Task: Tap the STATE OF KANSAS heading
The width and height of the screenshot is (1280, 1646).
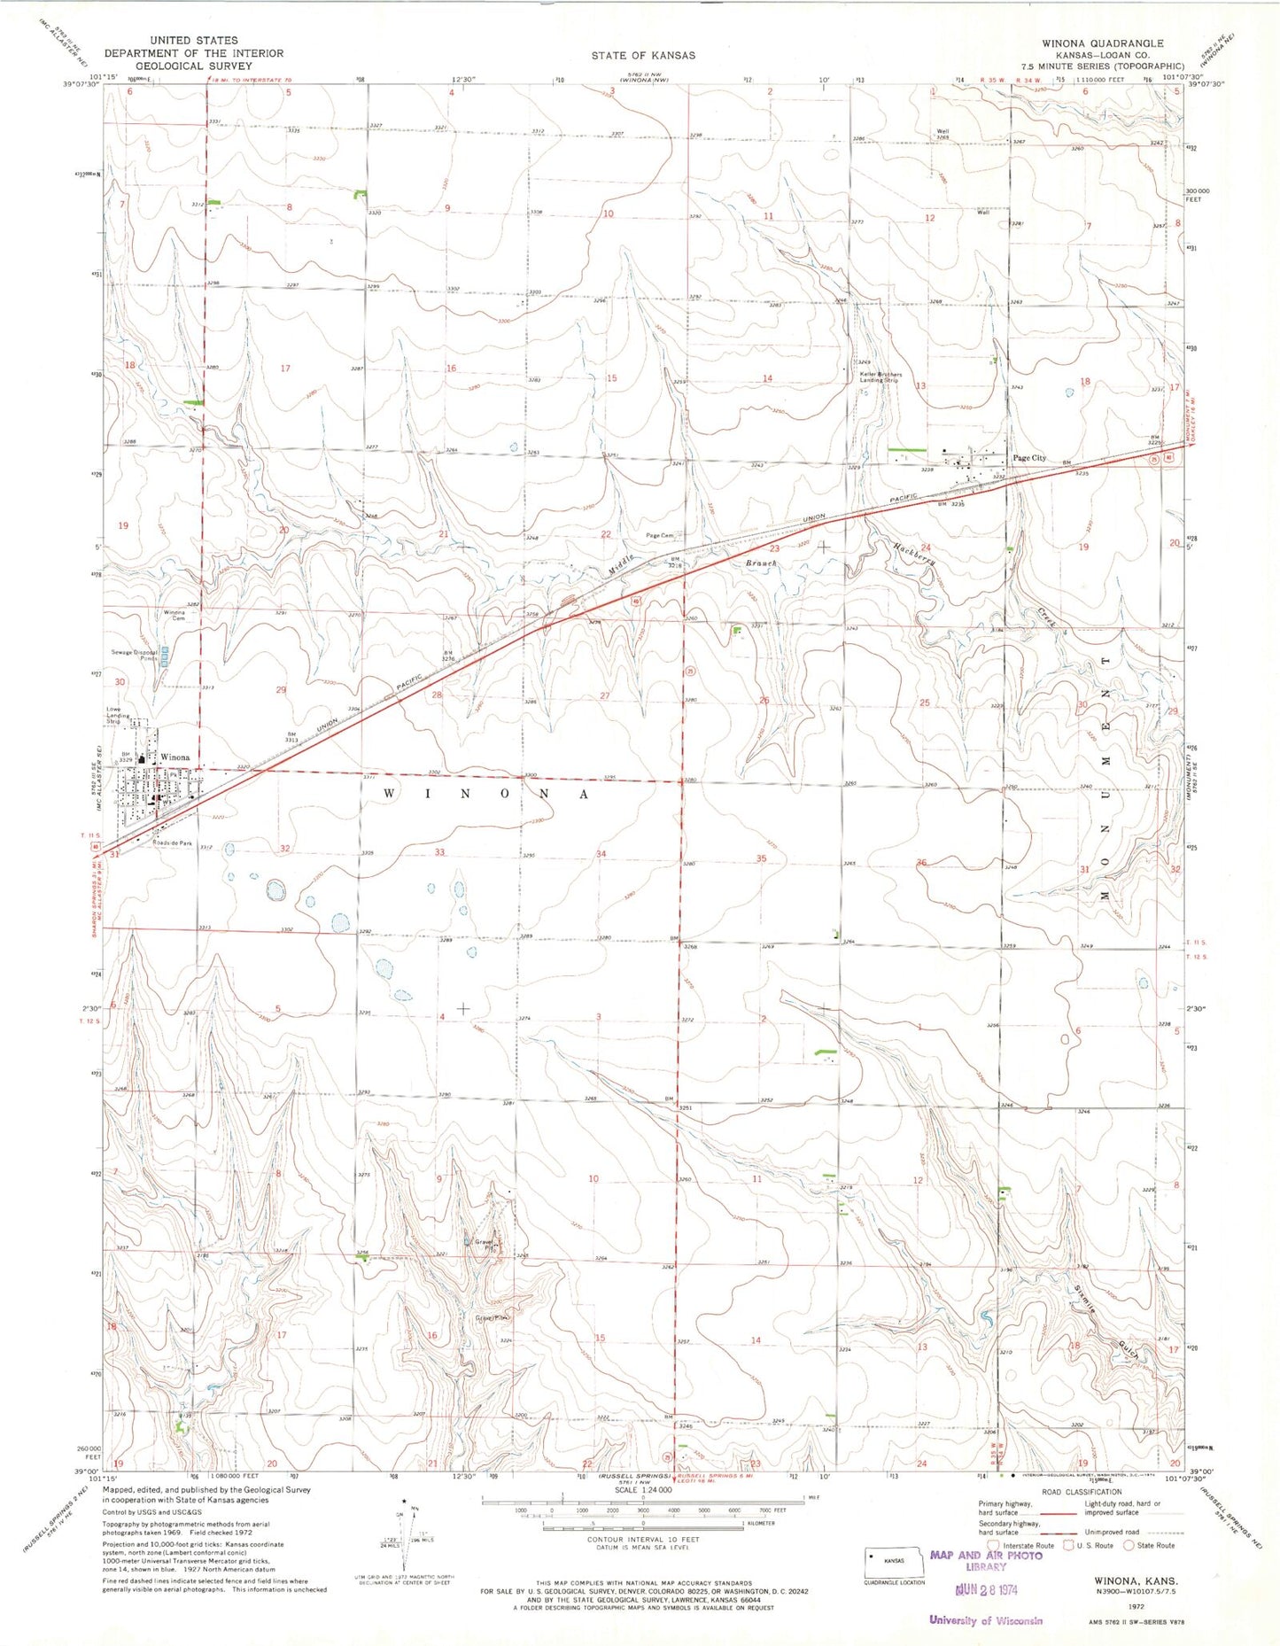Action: [x=643, y=55]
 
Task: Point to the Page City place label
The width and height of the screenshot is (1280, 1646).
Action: [x=1028, y=458]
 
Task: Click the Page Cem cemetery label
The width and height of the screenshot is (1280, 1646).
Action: [x=660, y=536]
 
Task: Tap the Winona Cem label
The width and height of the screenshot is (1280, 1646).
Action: [x=174, y=616]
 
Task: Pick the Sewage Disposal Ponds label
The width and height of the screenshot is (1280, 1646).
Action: [x=135, y=656]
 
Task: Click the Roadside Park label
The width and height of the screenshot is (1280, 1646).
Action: [x=172, y=843]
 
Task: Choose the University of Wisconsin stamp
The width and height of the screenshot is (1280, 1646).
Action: [x=985, y=1620]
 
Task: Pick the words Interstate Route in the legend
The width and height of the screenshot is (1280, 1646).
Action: [x=1028, y=1545]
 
